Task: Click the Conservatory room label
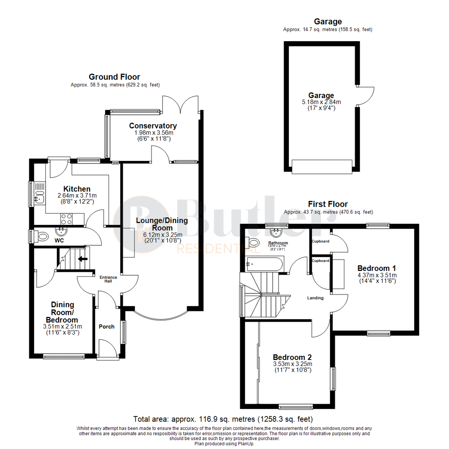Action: point(153,126)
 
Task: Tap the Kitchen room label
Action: point(77,189)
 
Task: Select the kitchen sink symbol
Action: point(39,194)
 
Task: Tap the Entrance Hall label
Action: point(106,279)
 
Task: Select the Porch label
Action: point(106,326)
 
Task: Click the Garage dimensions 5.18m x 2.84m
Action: point(321,102)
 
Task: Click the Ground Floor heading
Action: point(114,77)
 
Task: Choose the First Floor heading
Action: point(328,204)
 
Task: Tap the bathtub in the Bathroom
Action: point(265,264)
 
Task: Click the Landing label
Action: point(315,298)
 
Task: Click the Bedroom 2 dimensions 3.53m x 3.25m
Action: point(292,364)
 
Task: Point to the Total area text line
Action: point(223,419)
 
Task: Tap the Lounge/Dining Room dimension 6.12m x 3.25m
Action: point(162,234)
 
